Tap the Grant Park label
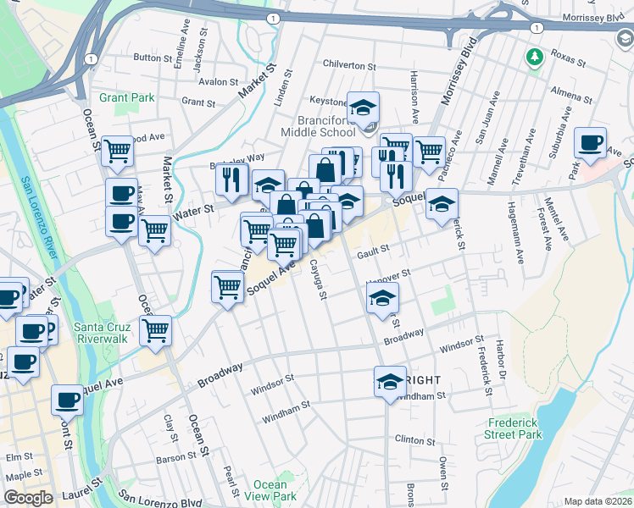[x=126, y=97]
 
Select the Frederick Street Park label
[x=514, y=428]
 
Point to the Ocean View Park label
[x=270, y=490]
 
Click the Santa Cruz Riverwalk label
[x=106, y=334]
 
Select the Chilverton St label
[x=348, y=65]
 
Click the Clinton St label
[x=414, y=441]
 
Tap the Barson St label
[x=176, y=458]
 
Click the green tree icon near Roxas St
[x=534, y=57]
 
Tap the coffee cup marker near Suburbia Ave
[x=590, y=143]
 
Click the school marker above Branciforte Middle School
[x=364, y=108]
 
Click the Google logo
[x=28, y=498]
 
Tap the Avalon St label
[x=218, y=82]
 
